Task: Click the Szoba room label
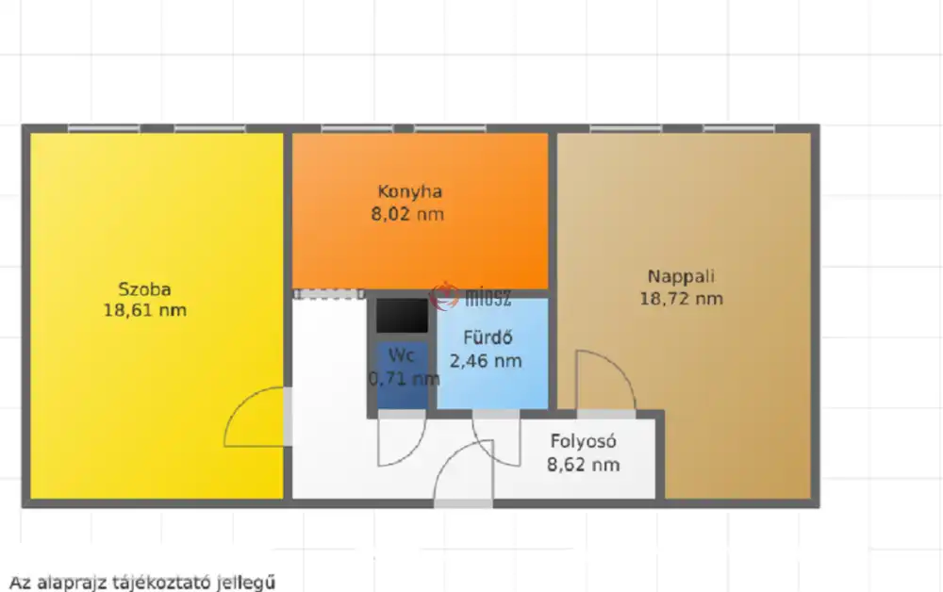point(144,289)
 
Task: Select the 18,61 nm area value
point(145,311)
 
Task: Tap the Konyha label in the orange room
point(409,191)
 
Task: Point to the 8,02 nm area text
point(407,214)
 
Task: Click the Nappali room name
point(681,276)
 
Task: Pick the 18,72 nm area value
point(681,299)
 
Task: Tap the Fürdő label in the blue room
point(488,337)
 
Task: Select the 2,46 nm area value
point(486,361)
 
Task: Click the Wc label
point(401,355)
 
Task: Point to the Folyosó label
point(584,442)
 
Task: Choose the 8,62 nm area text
point(584,465)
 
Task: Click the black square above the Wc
point(403,315)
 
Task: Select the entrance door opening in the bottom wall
point(463,503)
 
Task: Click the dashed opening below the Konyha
point(329,294)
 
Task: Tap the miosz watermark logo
point(471,296)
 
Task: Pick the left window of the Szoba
point(104,128)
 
